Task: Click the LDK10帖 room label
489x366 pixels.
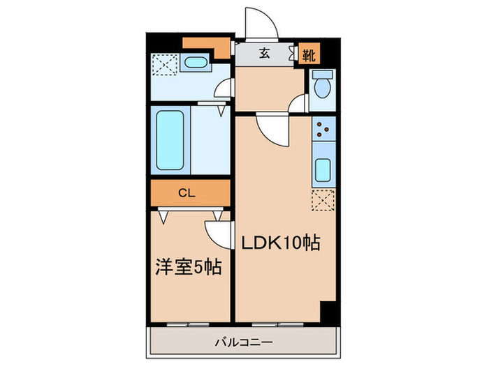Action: click(281, 244)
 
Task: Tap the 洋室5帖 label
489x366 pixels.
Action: click(188, 267)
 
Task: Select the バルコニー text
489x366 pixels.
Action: click(243, 342)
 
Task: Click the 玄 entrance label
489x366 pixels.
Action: click(265, 53)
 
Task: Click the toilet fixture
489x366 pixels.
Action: click(322, 86)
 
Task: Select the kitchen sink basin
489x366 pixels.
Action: click(324, 169)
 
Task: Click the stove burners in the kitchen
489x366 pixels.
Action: click(323, 129)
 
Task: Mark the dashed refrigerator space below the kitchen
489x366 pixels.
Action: click(323, 199)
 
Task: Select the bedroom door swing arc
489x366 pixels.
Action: click(217, 234)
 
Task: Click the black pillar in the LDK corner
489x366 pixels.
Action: click(327, 311)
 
